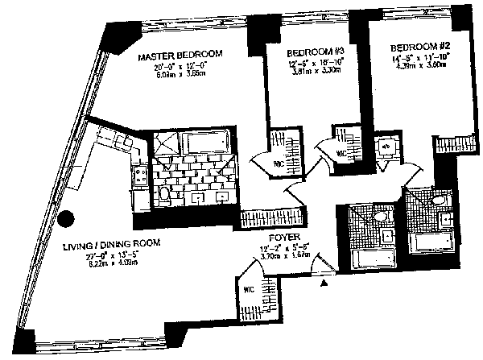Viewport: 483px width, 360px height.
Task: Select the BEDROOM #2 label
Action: coord(411,47)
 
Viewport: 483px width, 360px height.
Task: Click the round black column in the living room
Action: coord(68,218)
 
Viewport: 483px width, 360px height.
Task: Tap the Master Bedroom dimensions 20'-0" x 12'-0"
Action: coord(179,67)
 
